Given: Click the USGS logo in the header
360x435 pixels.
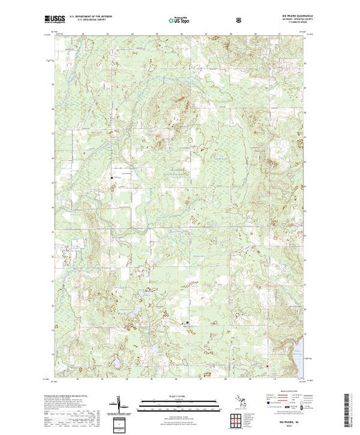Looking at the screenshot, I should (57, 20).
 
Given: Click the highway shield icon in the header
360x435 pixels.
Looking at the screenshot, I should (239, 21).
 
